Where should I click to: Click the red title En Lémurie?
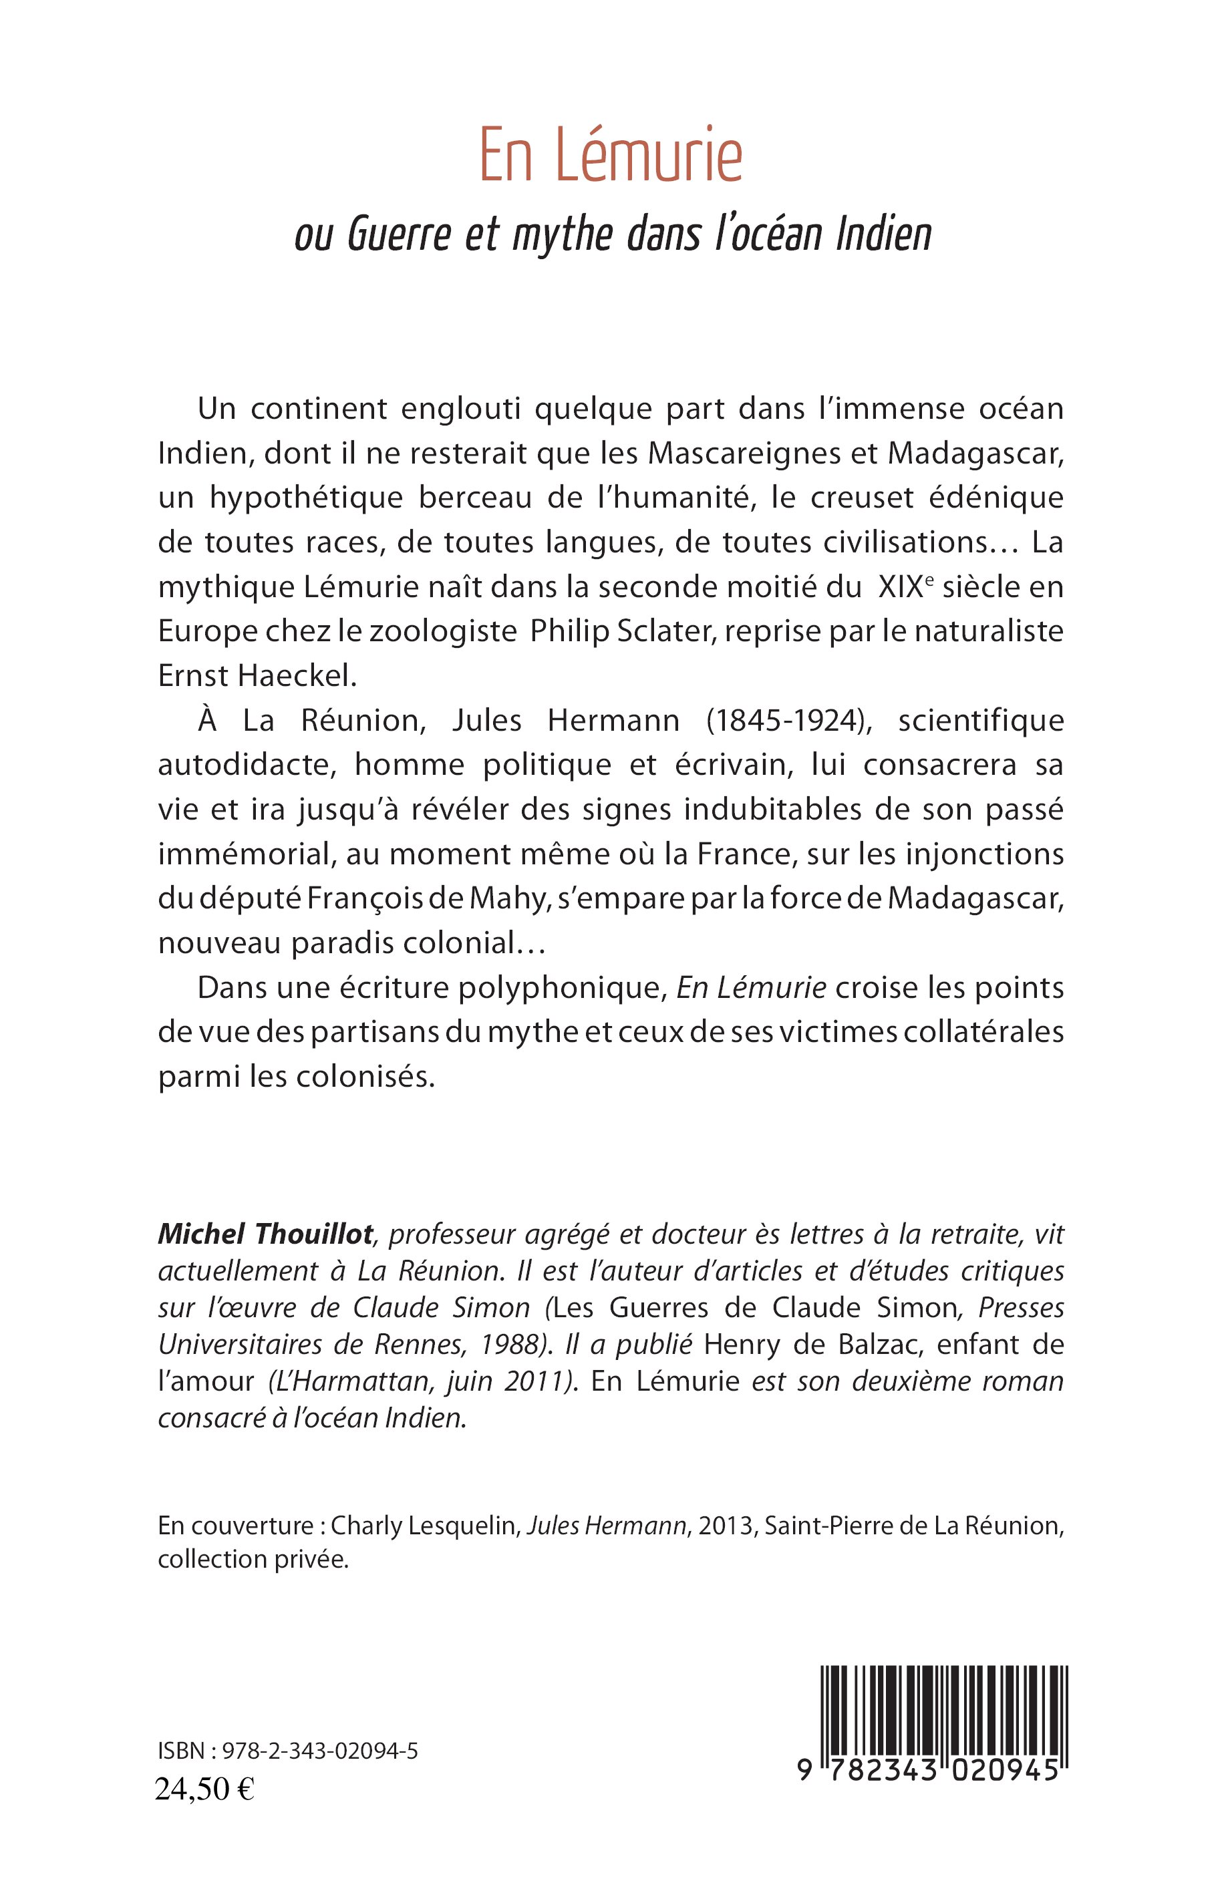(x=610, y=156)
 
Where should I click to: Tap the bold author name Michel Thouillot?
(x=265, y=1234)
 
